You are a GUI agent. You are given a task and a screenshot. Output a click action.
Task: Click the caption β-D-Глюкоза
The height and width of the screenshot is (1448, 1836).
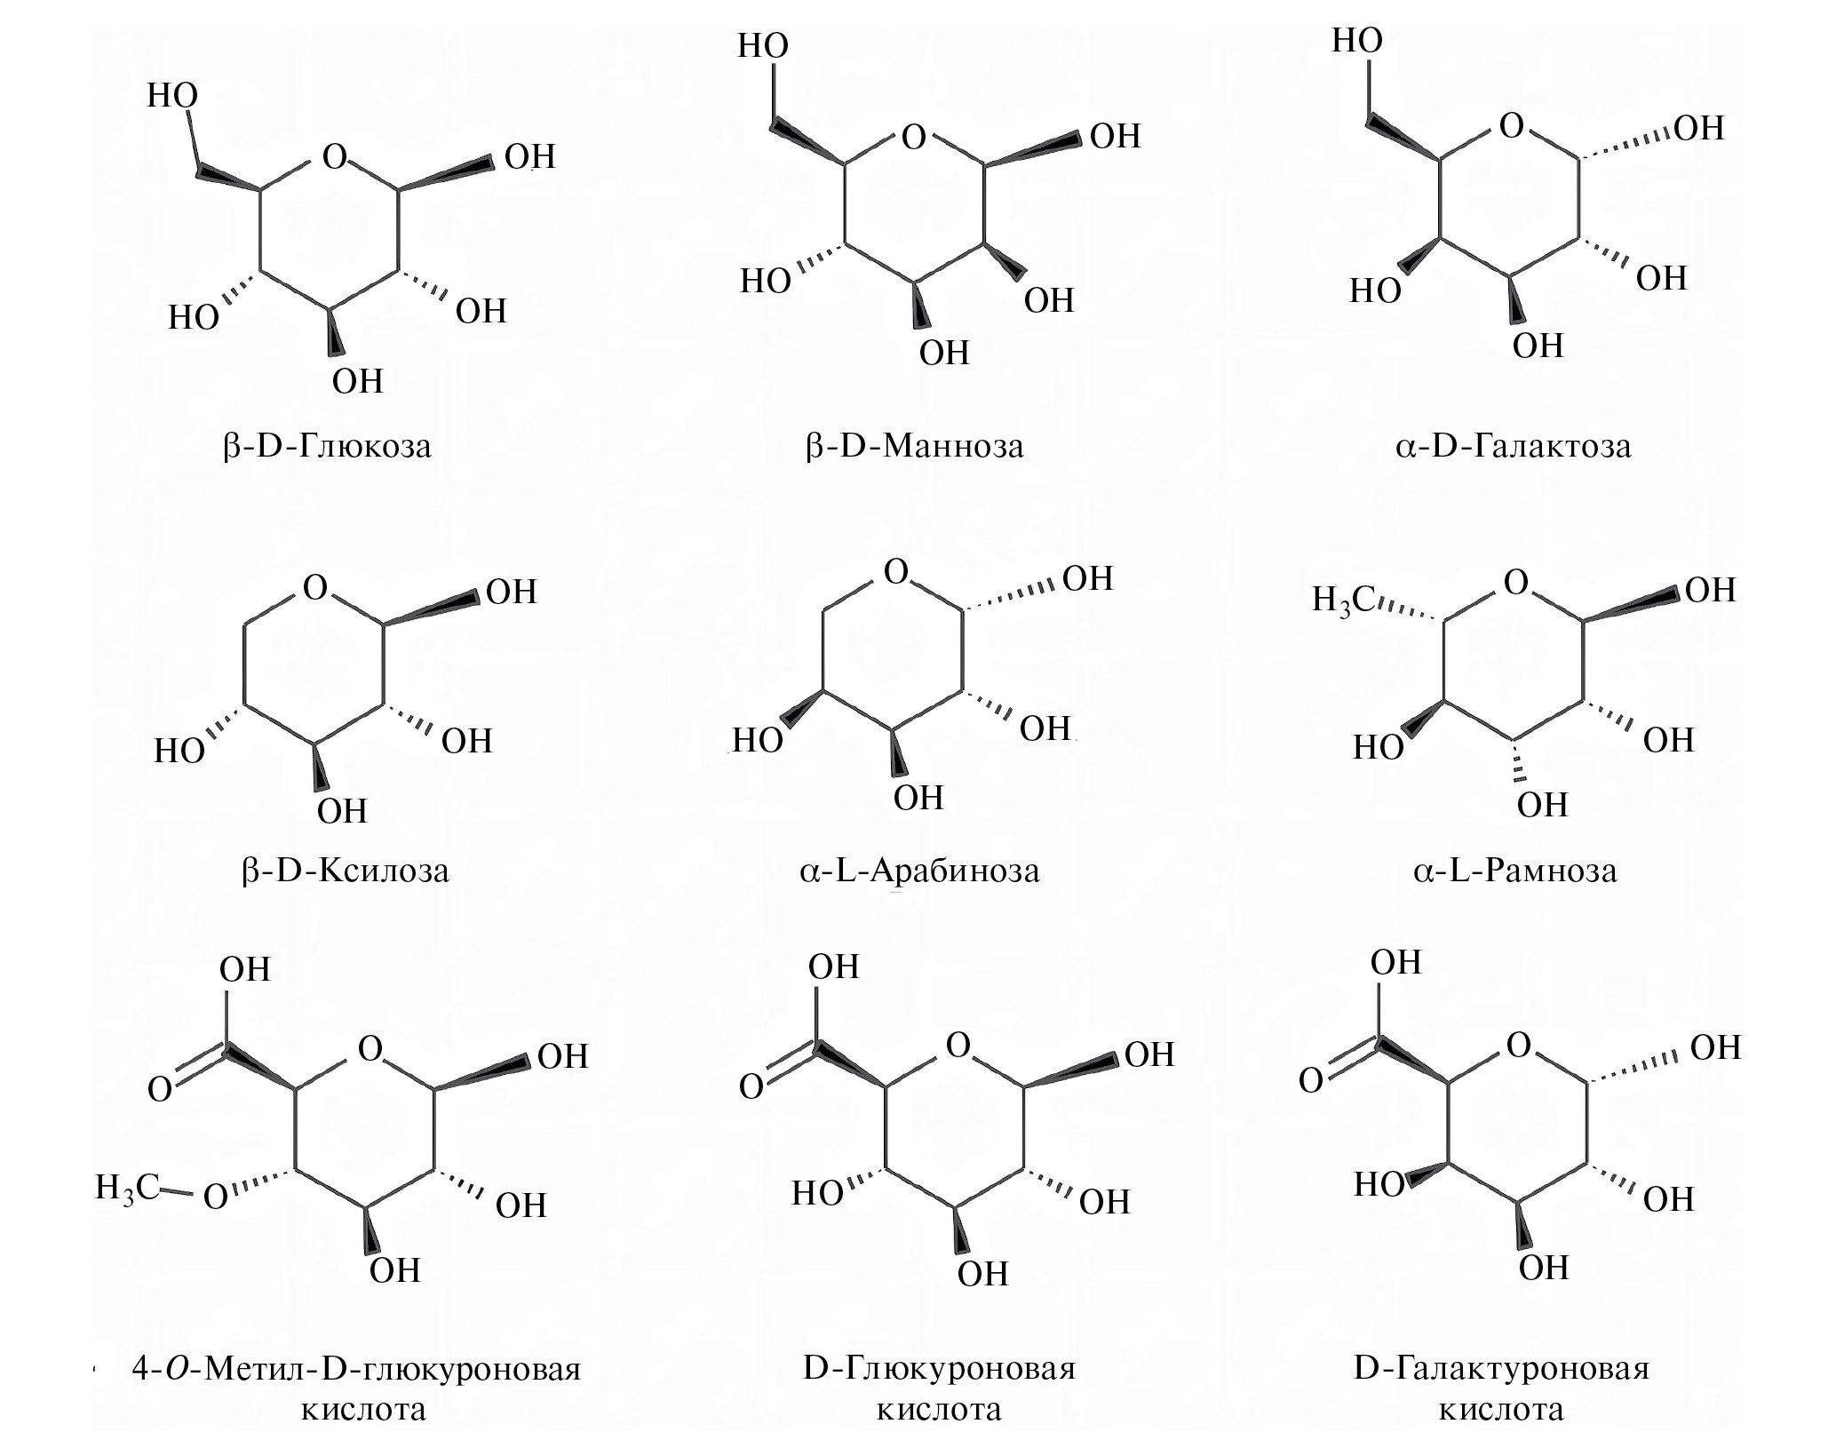[x=327, y=445]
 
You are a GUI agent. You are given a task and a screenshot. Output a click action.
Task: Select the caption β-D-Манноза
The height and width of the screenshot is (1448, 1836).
[x=914, y=445]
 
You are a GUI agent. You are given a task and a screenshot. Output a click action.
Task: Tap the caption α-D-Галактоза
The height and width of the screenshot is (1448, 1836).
[x=1513, y=445]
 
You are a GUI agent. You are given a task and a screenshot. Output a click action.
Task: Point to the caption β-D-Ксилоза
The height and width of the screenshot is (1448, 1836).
[x=345, y=870]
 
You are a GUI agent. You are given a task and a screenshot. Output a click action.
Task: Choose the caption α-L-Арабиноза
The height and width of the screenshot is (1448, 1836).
[x=919, y=870]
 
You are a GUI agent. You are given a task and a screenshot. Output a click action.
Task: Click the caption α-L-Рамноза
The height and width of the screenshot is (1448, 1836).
[x=1515, y=870]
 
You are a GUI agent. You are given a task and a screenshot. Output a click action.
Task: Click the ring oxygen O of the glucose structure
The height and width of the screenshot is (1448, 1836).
[x=334, y=157]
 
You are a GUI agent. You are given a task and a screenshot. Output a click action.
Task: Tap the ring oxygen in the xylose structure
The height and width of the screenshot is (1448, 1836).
[x=315, y=588]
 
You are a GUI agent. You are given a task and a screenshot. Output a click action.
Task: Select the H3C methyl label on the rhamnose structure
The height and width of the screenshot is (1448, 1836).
[x=1344, y=601]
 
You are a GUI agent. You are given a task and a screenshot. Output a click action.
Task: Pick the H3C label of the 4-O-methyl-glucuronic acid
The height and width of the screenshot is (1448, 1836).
[x=127, y=1187]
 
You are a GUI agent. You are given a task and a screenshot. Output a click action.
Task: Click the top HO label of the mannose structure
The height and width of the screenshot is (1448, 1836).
[x=763, y=46]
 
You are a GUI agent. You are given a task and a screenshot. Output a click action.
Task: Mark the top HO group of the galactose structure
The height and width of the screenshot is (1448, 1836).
[x=1357, y=41]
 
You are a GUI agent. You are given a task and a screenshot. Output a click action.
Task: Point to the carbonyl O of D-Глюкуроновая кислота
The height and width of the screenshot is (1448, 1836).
[x=751, y=1087]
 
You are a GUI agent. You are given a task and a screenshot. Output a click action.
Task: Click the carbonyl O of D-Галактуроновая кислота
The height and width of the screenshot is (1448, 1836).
[x=1311, y=1081]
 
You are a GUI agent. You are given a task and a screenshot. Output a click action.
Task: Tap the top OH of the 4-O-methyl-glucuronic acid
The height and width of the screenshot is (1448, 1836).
[x=245, y=969]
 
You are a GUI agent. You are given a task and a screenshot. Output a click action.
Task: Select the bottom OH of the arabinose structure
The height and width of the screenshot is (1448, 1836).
[x=918, y=798]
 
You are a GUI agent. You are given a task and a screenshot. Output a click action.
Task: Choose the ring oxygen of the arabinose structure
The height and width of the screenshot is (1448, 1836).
[x=896, y=572]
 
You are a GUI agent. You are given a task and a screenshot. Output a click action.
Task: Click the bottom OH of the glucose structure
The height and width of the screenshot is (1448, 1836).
[x=357, y=381]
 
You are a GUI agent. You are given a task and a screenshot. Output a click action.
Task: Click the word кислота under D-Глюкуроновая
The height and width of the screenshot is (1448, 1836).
[x=939, y=1410]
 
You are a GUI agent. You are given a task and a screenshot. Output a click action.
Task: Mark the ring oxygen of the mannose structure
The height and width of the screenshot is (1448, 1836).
[x=913, y=138]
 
